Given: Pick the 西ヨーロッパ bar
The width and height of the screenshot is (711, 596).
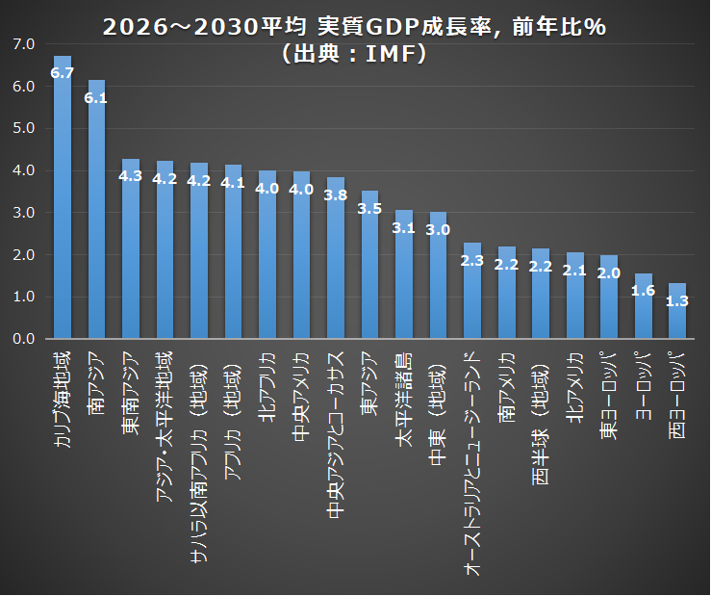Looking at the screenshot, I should pyautogui.click(x=677, y=312).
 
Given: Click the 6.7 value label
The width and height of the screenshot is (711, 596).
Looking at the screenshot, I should pyautogui.click(x=63, y=73).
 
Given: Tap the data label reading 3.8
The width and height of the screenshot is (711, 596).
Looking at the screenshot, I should pyautogui.click(x=336, y=194).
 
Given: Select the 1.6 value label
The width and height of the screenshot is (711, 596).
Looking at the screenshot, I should pyautogui.click(x=643, y=290).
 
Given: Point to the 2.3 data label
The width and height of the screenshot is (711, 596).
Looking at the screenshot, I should pyautogui.click(x=472, y=260).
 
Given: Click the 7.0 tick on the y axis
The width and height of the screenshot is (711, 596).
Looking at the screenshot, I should pyautogui.click(x=25, y=44).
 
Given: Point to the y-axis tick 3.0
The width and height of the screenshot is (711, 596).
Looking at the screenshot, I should pyautogui.click(x=25, y=213).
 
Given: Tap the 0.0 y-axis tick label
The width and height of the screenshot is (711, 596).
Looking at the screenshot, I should pyautogui.click(x=25, y=339).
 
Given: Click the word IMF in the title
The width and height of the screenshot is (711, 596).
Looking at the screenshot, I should pyautogui.click(x=394, y=55).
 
